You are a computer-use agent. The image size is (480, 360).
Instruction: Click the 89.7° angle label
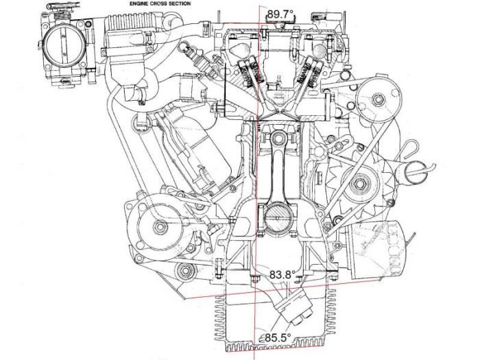(280, 13)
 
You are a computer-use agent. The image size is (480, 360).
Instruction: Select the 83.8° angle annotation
(282, 274)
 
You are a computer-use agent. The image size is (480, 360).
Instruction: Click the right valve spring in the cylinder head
(305, 73)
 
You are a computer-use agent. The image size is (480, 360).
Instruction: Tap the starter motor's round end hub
(159, 226)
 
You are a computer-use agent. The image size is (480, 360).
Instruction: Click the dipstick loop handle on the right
(414, 155)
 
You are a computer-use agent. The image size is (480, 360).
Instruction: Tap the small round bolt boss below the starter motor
(182, 275)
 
